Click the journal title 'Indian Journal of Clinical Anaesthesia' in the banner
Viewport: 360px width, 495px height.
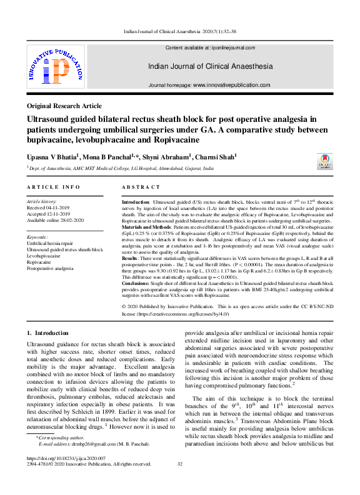[209, 66]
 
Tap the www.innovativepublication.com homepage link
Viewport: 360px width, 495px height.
[231, 85]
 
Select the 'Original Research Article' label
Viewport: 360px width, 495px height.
[64, 106]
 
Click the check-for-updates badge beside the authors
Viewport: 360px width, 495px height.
[325, 161]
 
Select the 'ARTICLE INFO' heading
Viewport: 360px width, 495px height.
[53, 187]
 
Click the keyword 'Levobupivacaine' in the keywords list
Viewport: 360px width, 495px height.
[47, 256]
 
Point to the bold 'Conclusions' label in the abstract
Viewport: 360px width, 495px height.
[139, 282]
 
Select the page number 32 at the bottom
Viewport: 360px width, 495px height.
[180, 464]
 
